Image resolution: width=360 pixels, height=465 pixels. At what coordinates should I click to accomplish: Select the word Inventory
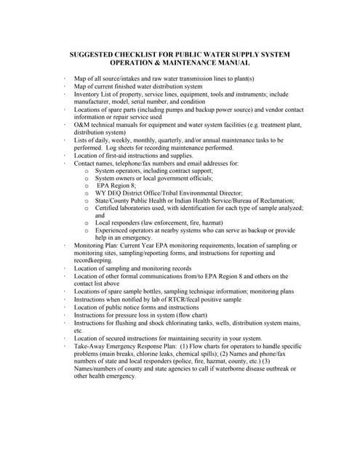coord(89,94)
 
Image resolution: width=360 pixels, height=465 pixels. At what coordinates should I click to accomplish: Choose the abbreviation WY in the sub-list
coord(101,193)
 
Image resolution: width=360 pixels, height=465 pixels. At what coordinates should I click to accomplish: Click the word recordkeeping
coord(93,260)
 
